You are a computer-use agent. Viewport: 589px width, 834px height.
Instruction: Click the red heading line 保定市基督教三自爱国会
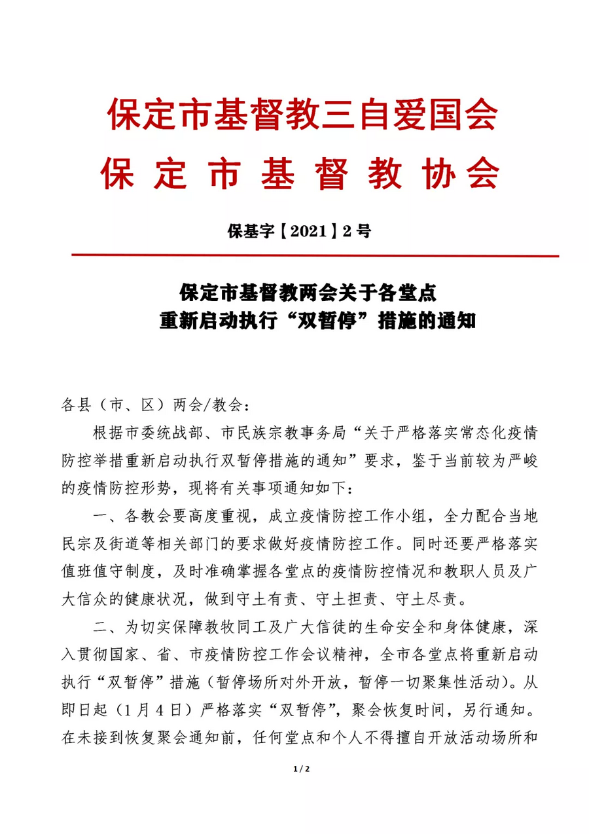[302, 115]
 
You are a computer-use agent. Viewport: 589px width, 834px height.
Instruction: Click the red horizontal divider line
[314, 256]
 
